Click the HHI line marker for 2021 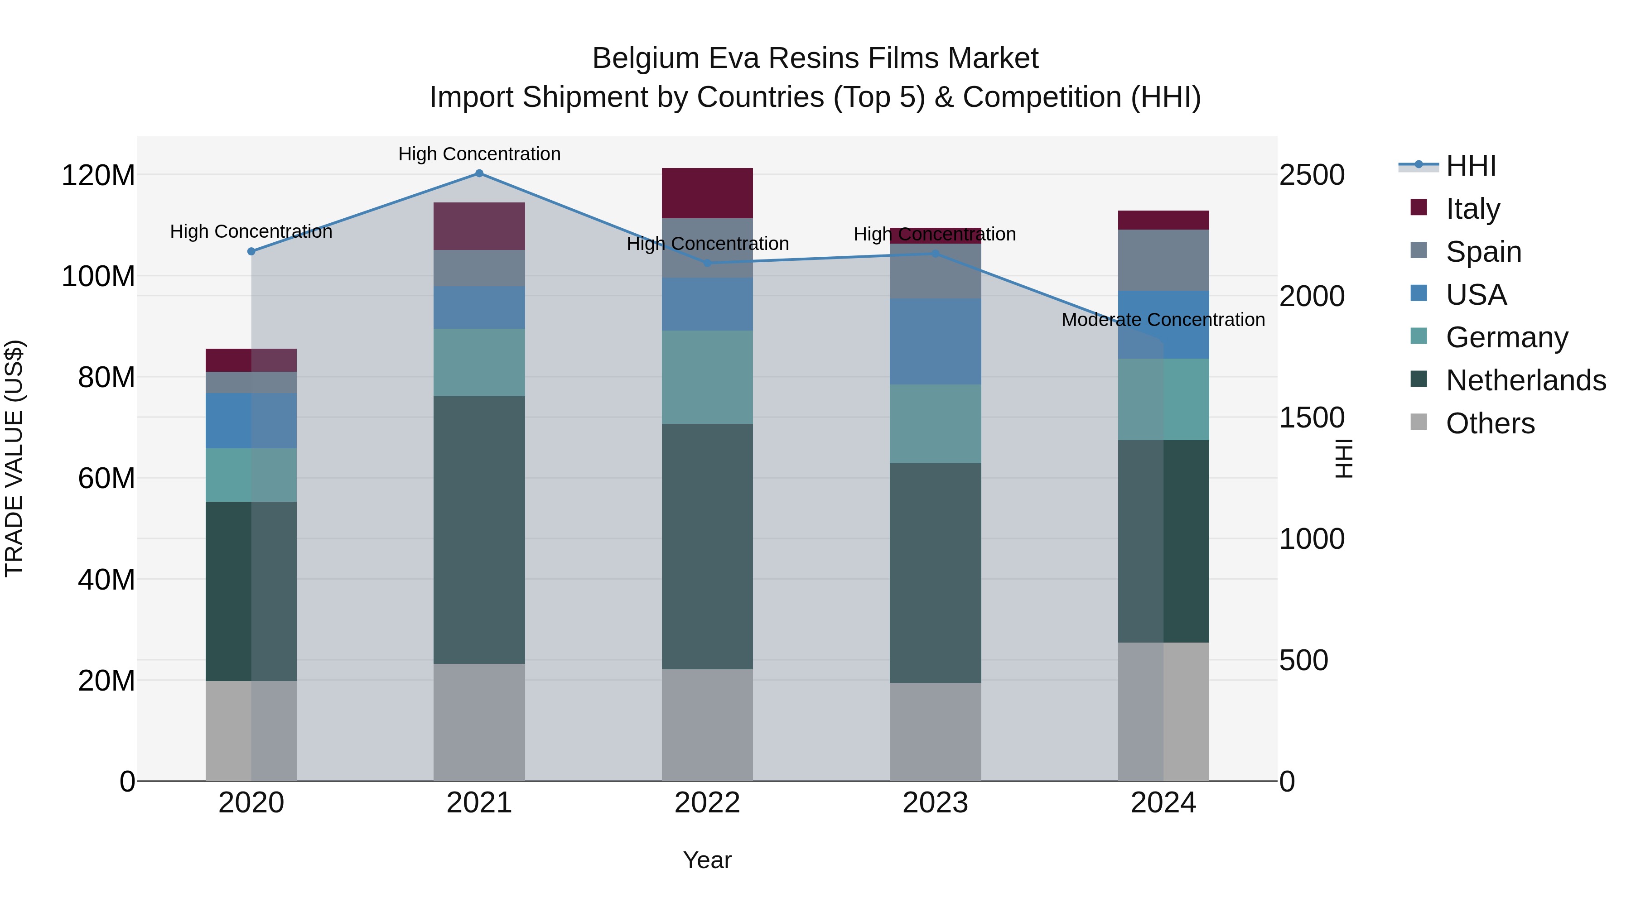(479, 173)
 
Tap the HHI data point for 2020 (251, 251)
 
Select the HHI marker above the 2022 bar (708, 263)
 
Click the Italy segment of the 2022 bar (707, 193)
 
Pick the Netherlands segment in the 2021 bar (479, 530)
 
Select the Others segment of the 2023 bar (935, 732)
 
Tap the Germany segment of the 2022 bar (707, 377)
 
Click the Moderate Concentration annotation (1163, 320)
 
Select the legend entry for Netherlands (1526, 380)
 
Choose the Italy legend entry (1473, 209)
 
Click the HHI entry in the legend (1471, 166)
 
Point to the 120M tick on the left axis (98, 175)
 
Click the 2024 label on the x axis (1163, 803)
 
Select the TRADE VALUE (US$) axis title (14, 458)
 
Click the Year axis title (707, 860)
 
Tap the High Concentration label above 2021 (479, 154)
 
